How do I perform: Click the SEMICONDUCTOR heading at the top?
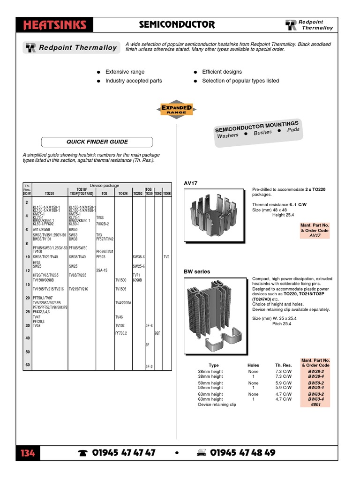[177, 24]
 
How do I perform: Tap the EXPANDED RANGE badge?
[177, 110]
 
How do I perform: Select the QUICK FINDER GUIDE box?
[97, 142]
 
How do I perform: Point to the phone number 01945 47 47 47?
[124, 453]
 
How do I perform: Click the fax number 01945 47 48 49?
[242, 453]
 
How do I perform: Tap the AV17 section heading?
[190, 183]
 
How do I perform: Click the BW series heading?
[197, 271]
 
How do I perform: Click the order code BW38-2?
[315, 371]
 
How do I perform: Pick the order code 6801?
[315, 404]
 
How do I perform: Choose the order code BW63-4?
[315, 399]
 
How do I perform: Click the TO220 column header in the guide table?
[50, 193]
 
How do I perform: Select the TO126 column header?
[123, 193]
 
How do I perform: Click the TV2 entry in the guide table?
[166, 257]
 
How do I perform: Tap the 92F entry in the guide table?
[157, 333]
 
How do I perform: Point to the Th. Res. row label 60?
[28, 365]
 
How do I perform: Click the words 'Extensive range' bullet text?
[125, 72]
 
